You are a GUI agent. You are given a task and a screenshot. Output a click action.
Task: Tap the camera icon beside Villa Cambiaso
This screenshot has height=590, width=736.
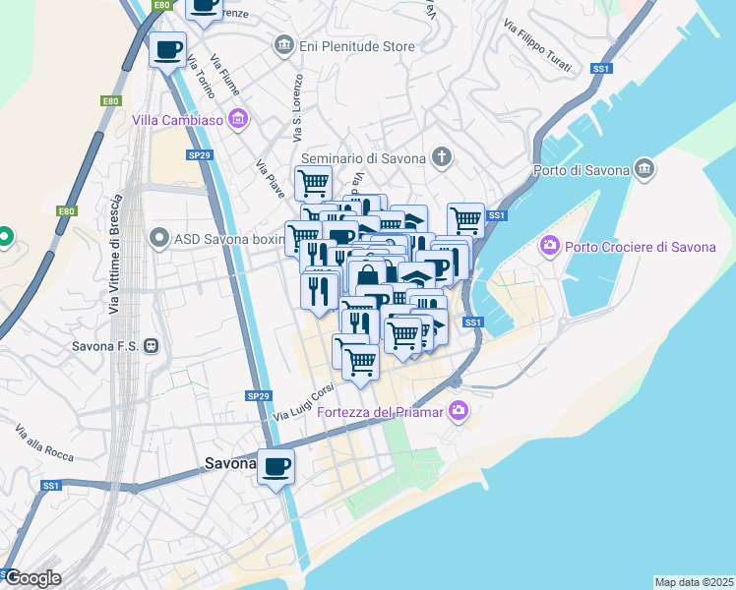click(x=237, y=120)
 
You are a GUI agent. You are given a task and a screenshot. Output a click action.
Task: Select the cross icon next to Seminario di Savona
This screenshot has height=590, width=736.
click(x=443, y=157)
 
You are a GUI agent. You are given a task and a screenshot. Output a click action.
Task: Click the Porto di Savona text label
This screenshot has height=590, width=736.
click(x=581, y=169)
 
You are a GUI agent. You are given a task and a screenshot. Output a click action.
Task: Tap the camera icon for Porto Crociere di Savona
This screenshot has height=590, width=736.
click(x=549, y=246)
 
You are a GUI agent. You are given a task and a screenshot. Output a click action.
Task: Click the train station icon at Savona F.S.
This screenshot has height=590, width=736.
click(x=152, y=346)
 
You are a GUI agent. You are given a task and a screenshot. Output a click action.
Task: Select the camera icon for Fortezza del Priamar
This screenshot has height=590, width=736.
click(x=457, y=410)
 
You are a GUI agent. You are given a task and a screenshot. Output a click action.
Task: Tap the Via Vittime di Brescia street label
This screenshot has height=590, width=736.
click(x=115, y=267)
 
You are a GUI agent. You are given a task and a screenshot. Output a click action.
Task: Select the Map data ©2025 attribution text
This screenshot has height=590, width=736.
click(x=693, y=582)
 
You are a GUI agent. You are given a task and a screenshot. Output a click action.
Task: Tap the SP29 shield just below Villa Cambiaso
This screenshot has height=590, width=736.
click(x=200, y=154)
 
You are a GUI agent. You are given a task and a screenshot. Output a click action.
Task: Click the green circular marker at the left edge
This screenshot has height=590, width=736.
click(x=4, y=236)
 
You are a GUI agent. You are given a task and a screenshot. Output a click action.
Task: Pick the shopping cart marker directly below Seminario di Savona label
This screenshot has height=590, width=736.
click(x=313, y=181)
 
